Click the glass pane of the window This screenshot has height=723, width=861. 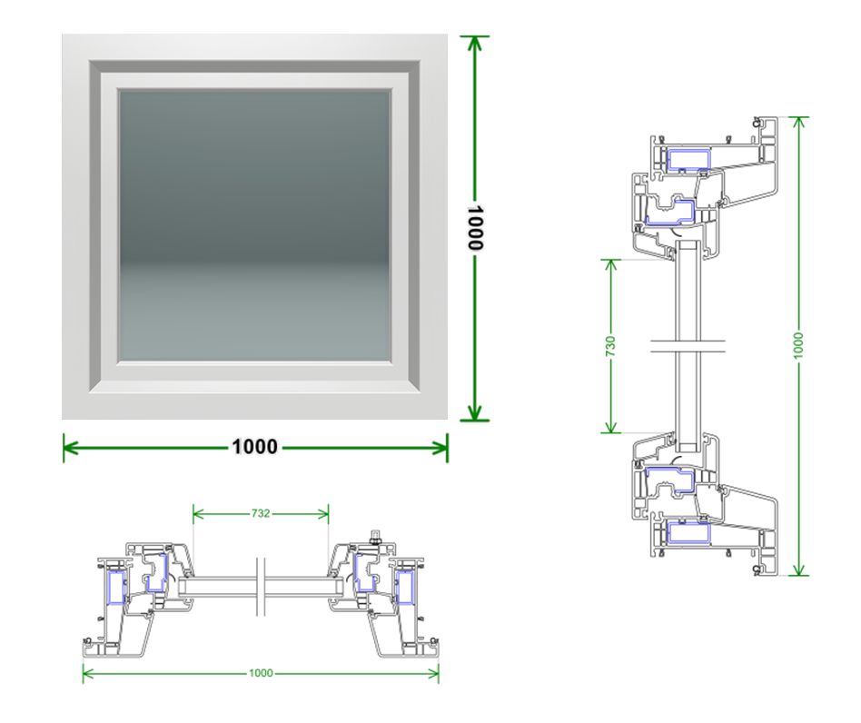pyautogui.click(x=255, y=225)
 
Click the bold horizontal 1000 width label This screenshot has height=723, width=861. pyautogui.click(x=255, y=446)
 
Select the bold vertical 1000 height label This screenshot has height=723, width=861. pyautogui.click(x=475, y=228)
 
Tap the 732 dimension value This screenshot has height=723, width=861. pyautogui.click(x=261, y=513)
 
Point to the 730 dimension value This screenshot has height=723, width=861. pyautogui.click(x=610, y=346)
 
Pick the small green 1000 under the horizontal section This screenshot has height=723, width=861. pyautogui.click(x=261, y=673)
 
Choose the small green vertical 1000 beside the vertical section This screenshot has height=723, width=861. pyautogui.click(x=798, y=346)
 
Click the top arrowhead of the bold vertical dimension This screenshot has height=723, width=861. pyautogui.click(x=474, y=44)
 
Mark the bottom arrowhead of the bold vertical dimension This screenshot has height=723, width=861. pyautogui.click(x=474, y=412)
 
